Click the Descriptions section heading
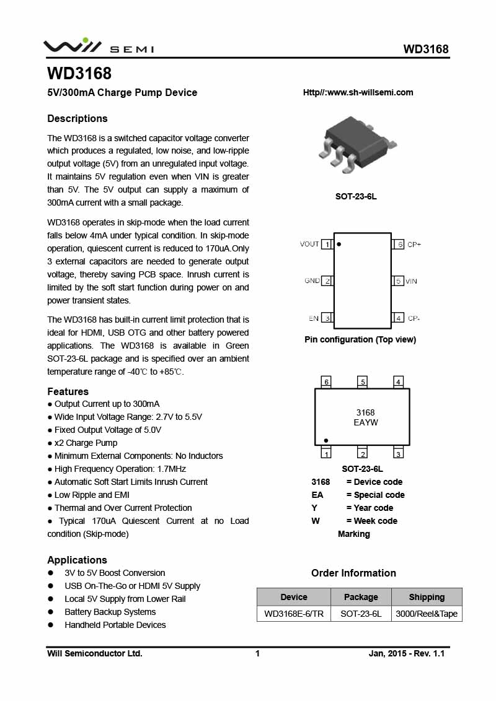pos(77,118)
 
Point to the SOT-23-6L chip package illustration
pos(356,144)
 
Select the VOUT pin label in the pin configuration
pos(309,244)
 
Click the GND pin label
pos(312,281)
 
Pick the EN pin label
pos(314,318)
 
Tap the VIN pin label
pos(411,281)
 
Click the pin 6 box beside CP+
pos(399,245)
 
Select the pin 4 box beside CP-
pos(399,318)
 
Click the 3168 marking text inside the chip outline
pos(365,412)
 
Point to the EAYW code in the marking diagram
pos(365,422)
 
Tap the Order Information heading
pos(353,573)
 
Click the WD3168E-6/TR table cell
pos(294,614)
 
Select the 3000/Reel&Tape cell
pos(427,614)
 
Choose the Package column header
pos(361,597)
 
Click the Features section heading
pos(68,391)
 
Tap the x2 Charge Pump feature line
pos(86,443)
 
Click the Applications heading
pos(77,560)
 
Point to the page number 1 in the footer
pos(257,653)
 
